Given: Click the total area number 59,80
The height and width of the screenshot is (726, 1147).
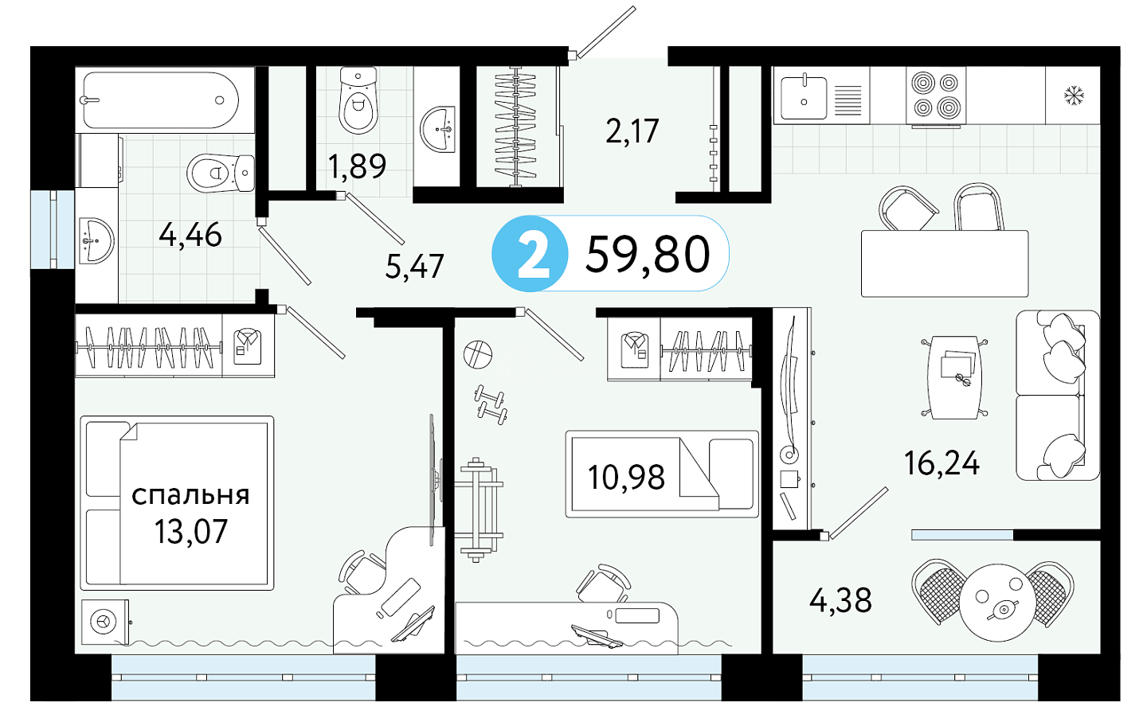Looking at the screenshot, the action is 648,254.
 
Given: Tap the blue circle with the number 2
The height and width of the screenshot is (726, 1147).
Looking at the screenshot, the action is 530,253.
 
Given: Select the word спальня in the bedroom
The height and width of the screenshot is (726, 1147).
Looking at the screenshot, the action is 190,495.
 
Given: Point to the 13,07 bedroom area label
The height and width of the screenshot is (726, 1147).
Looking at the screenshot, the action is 190,531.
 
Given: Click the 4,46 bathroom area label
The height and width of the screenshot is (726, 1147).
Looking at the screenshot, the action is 190,235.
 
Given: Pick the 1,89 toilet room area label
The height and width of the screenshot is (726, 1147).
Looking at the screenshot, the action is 356,166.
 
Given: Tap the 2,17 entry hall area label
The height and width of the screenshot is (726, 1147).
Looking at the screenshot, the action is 632,131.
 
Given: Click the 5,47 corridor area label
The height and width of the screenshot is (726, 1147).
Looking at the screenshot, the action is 414,266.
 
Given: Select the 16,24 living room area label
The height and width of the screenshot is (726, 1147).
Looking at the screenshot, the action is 941,463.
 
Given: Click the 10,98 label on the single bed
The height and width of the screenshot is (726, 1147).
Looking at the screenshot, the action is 626,477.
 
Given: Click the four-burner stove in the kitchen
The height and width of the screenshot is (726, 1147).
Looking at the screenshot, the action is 935,96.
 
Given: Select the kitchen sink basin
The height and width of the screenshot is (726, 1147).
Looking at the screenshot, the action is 804,98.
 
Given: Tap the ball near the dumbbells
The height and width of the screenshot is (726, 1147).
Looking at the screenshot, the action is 478,355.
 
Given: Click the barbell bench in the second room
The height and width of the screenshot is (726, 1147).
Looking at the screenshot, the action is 478,509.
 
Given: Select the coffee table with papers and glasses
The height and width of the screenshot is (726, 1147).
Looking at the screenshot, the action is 954,377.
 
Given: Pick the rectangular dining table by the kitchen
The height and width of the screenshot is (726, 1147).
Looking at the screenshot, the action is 945,263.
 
